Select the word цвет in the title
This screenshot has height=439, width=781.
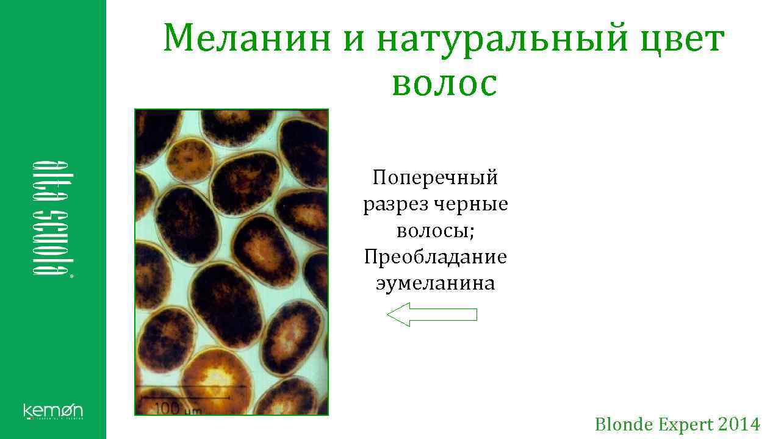675,39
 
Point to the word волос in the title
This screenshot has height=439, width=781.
444,84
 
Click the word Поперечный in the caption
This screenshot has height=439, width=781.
435,178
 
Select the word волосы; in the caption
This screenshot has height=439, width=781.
435,230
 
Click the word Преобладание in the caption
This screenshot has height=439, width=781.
435,257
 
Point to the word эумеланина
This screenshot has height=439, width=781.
435,284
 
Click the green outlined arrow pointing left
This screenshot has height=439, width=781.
432,315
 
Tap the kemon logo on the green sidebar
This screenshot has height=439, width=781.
53,411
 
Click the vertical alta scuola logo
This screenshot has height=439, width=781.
50,220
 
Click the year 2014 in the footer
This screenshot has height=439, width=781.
739,424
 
